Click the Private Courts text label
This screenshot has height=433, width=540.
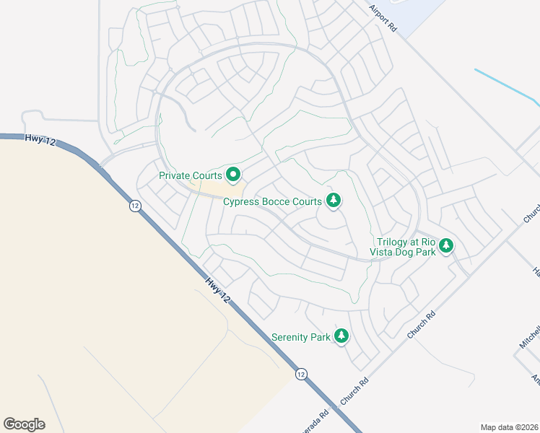click(x=191, y=175)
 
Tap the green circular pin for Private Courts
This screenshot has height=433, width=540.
click(x=233, y=175)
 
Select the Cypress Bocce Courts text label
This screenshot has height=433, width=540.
click(x=272, y=201)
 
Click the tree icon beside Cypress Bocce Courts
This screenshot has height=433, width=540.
click(x=333, y=200)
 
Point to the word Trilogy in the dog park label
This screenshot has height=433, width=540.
click(x=392, y=242)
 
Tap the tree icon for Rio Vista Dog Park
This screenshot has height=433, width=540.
click(x=446, y=246)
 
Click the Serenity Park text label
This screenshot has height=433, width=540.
click(x=300, y=337)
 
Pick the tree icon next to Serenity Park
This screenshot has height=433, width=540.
click(x=341, y=336)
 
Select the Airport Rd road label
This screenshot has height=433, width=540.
click(x=383, y=18)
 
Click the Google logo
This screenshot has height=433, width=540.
click(x=24, y=424)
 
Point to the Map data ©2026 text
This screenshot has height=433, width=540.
click(x=510, y=427)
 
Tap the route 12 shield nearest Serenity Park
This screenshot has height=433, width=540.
click(x=301, y=374)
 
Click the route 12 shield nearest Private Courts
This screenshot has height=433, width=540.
click(x=135, y=206)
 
